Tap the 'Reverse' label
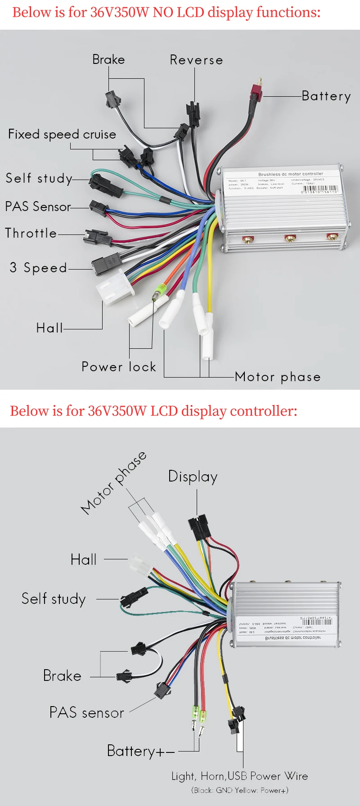tap(196, 60)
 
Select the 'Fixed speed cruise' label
tap(62, 134)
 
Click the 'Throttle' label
tap(31, 233)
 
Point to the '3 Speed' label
tap(38, 268)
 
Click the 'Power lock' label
tap(119, 367)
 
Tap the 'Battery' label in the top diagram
tap(326, 96)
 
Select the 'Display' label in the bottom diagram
tap(193, 477)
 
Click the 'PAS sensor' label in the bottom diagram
tap(86, 713)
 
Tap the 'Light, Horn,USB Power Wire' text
tap(239, 776)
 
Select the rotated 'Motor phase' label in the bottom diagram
tap(114, 482)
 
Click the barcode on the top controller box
tap(320, 189)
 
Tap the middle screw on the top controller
tap(290, 237)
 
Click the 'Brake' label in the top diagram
tap(108, 59)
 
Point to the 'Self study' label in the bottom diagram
tap(54, 599)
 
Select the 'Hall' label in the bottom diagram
tap(84, 559)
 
